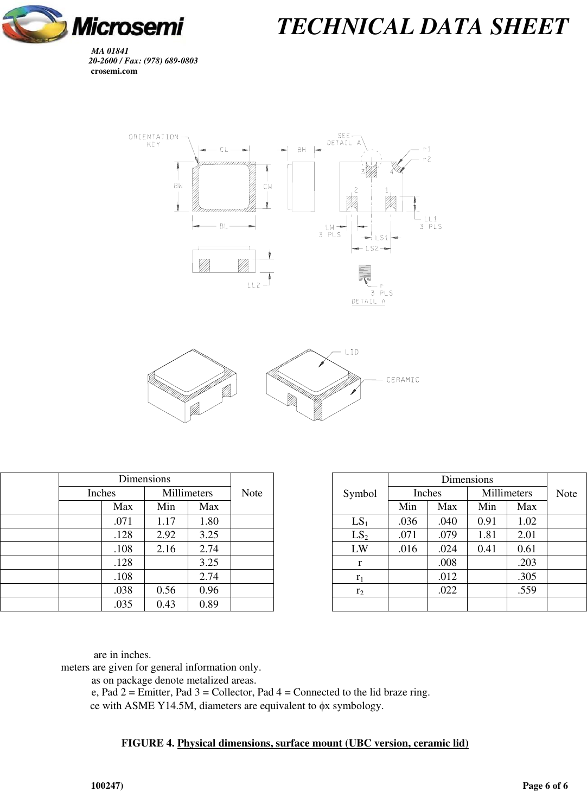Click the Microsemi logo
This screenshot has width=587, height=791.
pos(93,24)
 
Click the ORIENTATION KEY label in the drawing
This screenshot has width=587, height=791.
pos(154,141)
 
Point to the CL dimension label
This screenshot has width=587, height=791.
pos(224,150)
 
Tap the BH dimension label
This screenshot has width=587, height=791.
pos(302,150)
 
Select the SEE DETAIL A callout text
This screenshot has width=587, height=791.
pos(344,139)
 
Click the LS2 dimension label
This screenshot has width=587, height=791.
pos(372,248)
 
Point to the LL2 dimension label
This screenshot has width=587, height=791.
pos(254,285)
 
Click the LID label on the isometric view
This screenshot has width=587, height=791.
pos(352,352)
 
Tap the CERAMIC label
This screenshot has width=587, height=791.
pos(403,380)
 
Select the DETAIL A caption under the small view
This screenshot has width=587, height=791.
pos(368,302)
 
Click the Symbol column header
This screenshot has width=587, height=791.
pos(360,493)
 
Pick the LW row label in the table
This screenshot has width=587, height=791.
pos(360,548)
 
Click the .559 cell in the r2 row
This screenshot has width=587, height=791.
pos(526,590)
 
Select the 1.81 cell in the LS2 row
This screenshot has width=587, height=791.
pos(487,535)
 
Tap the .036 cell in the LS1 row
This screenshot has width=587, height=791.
pos(407,521)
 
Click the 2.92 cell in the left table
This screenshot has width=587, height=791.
pos(166,535)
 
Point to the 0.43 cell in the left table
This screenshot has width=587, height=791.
pos(166,604)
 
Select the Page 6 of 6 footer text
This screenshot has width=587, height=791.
pos(545,786)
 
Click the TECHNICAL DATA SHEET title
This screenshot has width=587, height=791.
pos(422,27)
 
